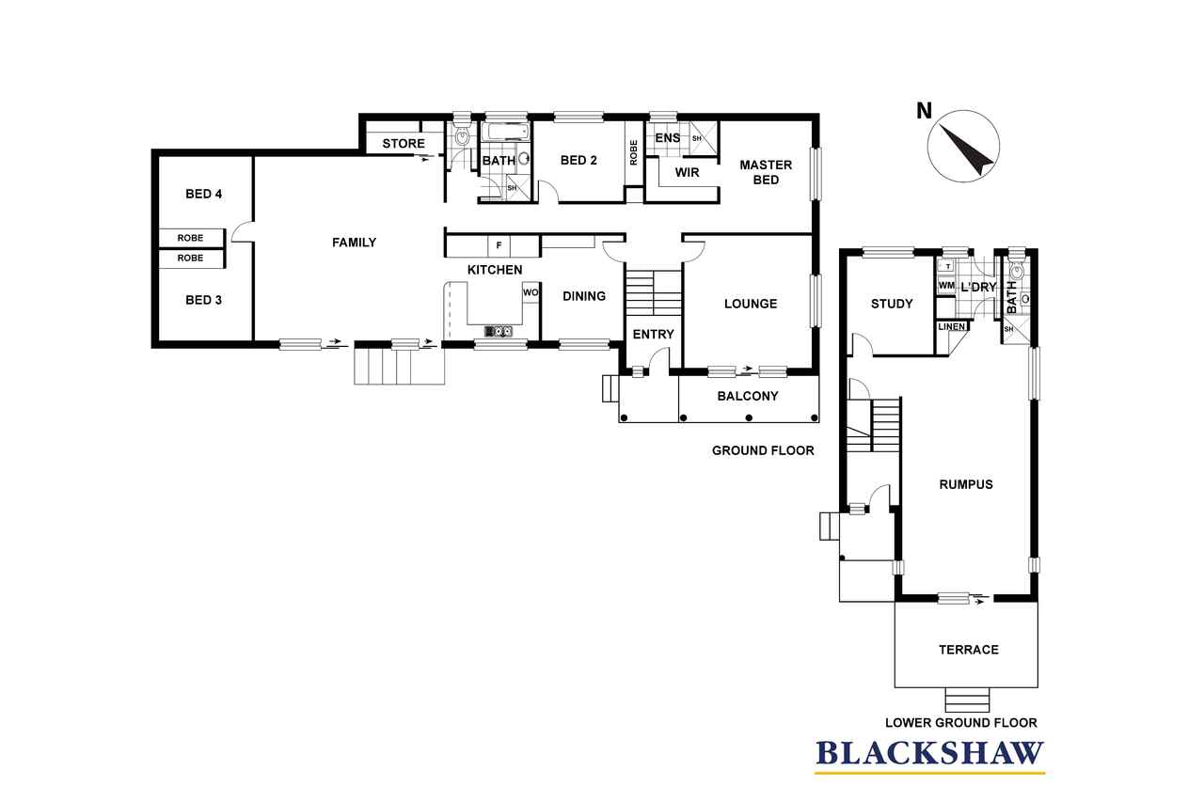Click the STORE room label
coord(404,144)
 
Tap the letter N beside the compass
coord(924,111)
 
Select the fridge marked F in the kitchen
coord(499,245)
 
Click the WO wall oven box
coord(530,292)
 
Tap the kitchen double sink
coord(499,331)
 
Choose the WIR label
coord(687,172)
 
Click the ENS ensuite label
coord(668,138)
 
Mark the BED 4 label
coord(204,194)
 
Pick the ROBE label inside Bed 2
coord(633,152)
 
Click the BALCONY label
coord(748,396)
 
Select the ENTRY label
coord(653,334)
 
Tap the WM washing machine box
coord(946,285)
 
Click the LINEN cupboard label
coord(951,326)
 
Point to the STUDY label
coord(892,304)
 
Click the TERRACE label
coord(969,650)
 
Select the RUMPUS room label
coord(966,484)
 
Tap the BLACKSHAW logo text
coord(930,753)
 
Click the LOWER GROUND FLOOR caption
coord(961,722)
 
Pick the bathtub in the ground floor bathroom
coord(505,133)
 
